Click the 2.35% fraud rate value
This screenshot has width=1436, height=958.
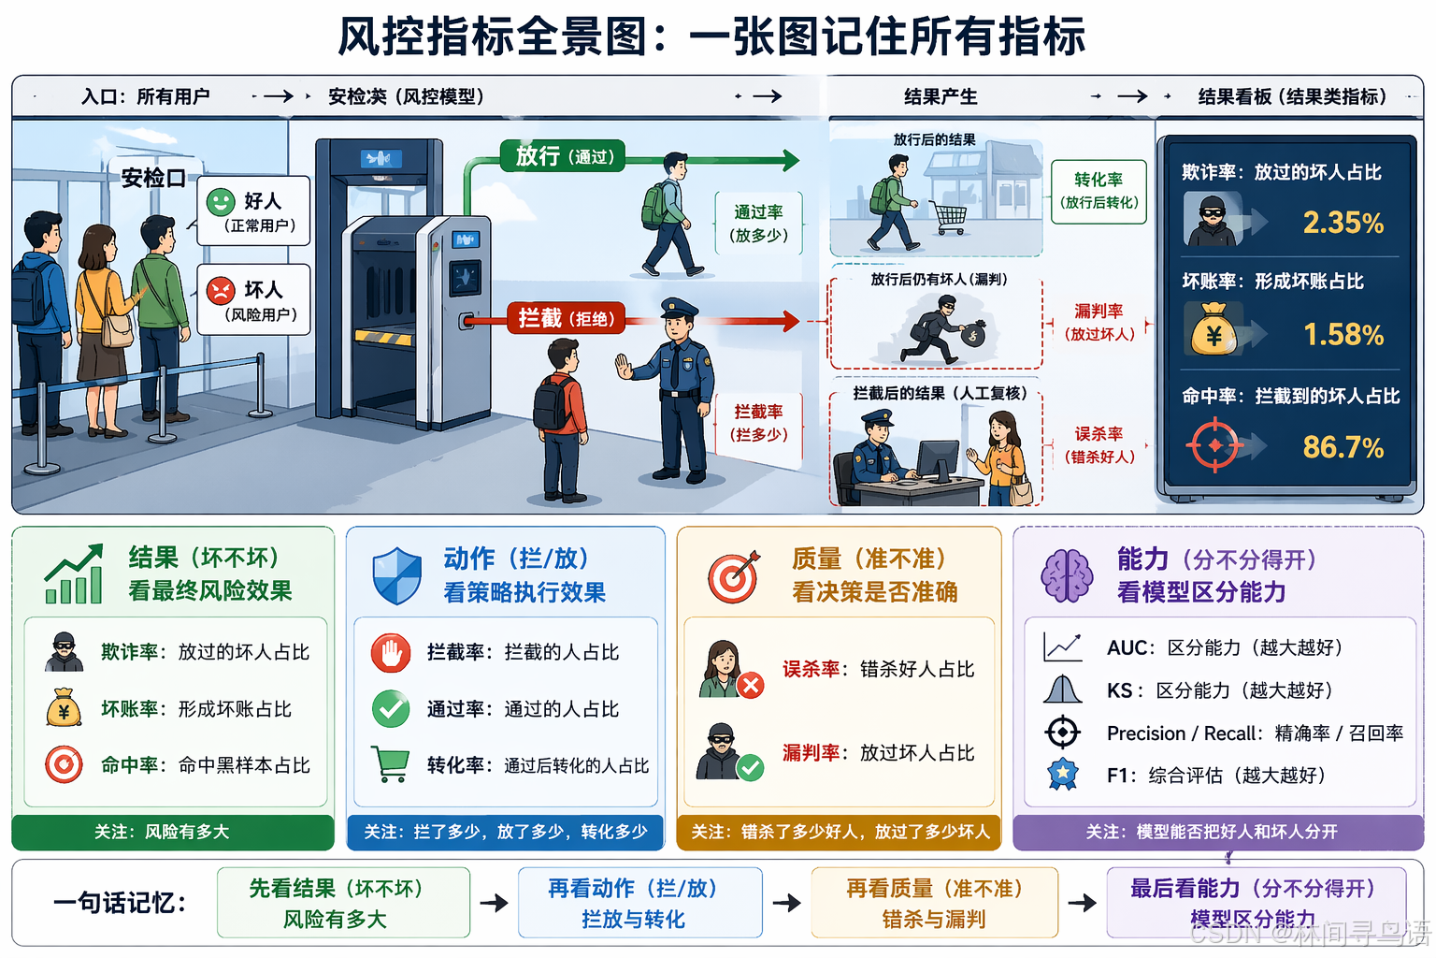coord(1343,223)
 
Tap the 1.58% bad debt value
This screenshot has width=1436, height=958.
coord(1343,335)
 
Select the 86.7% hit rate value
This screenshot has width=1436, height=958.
coord(1343,447)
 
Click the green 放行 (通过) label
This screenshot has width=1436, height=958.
coord(564,156)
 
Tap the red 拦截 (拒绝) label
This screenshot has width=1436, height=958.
coord(566,318)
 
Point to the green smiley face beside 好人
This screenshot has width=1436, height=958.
coord(221,202)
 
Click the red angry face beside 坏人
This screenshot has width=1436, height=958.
coord(221,290)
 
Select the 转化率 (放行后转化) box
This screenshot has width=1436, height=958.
coord(1099,190)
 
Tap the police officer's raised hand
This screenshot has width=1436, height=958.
coord(624,366)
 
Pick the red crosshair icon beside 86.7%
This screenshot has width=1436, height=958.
coord(1214,446)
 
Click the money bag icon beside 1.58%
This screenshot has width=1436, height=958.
coord(1213,330)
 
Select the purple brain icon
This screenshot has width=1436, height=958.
coord(1067,574)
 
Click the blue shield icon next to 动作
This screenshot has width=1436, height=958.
coord(396,575)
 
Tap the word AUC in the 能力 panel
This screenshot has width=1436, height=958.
coord(1127,647)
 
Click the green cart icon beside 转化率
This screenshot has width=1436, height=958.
coord(390,763)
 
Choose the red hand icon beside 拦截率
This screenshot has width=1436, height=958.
coord(391,653)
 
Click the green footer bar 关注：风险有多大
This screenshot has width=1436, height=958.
coord(173,832)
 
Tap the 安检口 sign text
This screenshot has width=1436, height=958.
coord(153,178)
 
